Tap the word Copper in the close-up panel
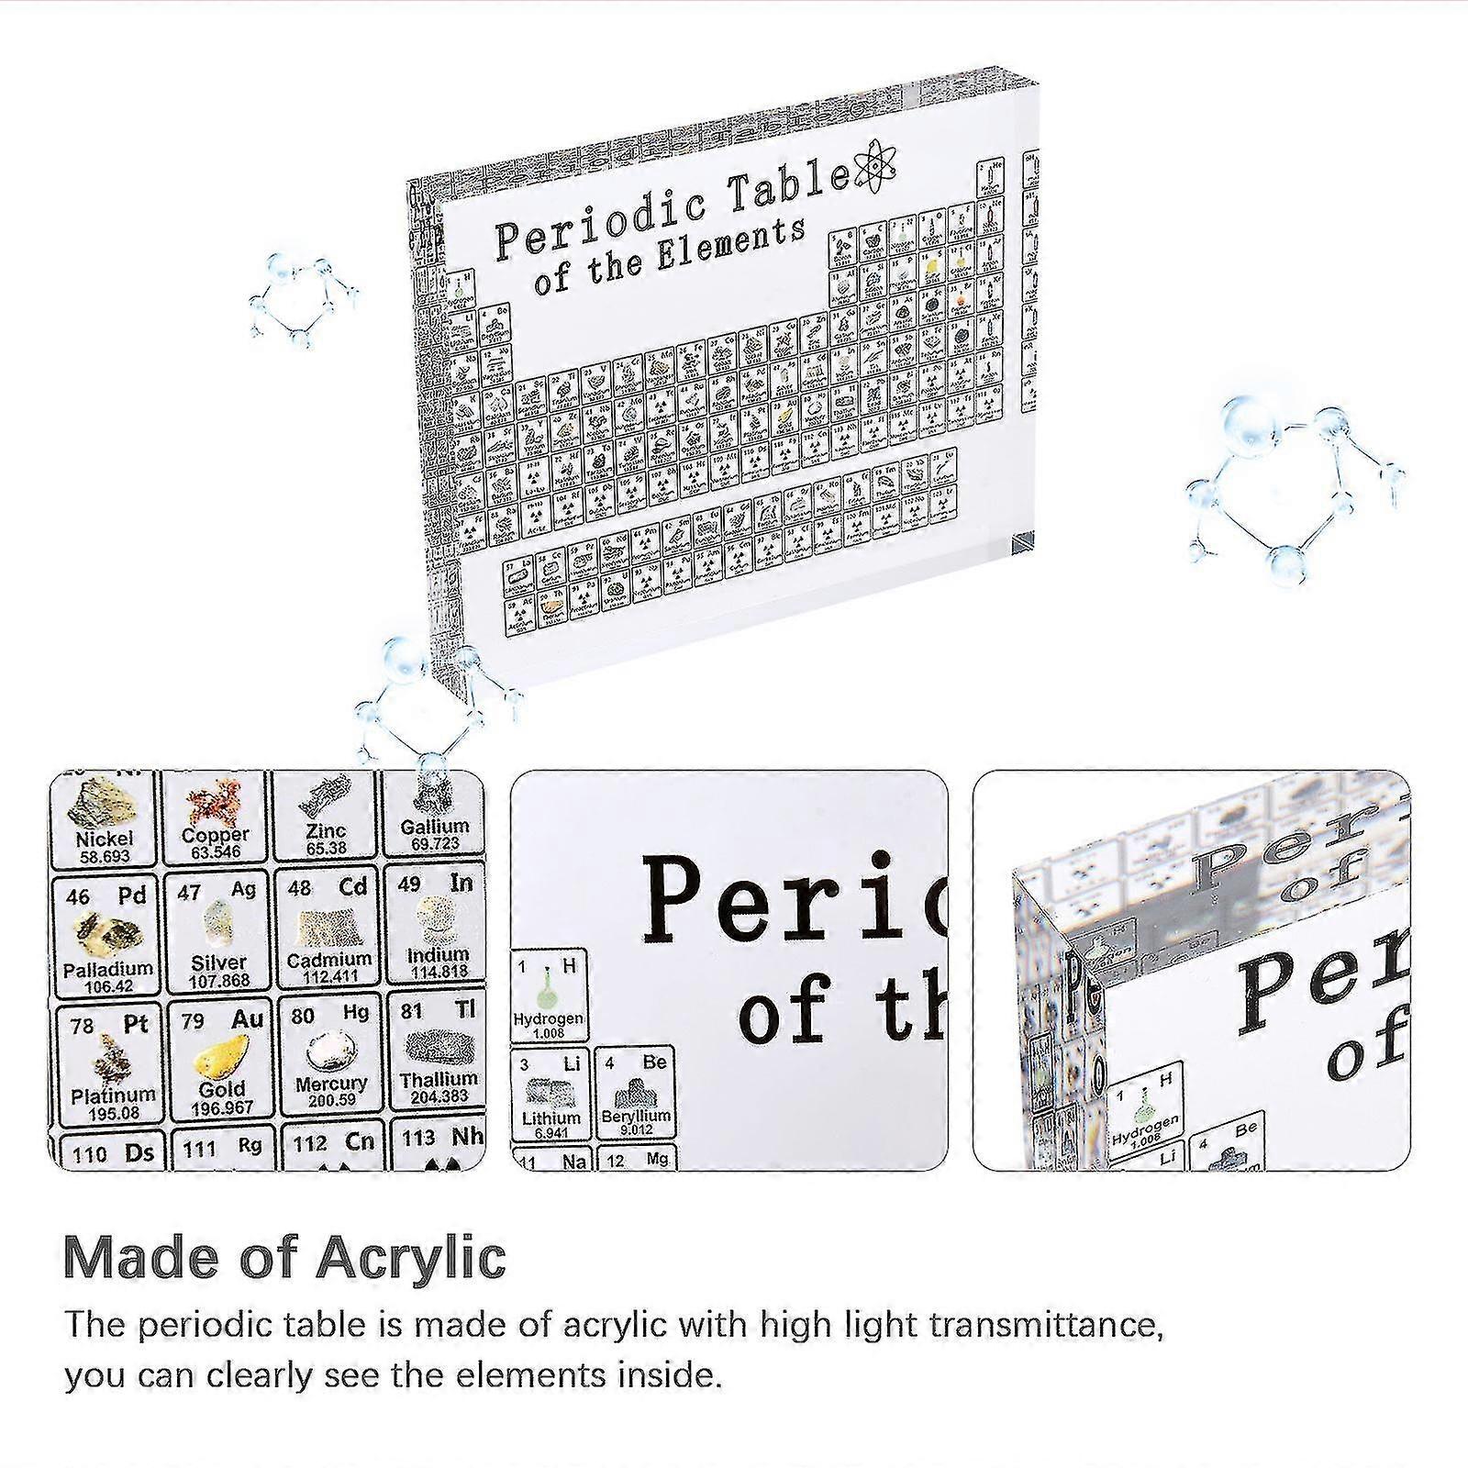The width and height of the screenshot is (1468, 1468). click(x=216, y=835)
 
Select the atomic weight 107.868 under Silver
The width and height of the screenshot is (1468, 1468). click(x=219, y=981)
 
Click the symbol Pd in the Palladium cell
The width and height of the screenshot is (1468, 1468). click(x=132, y=895)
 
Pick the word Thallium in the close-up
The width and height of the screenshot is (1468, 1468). click(x=439, y=1079)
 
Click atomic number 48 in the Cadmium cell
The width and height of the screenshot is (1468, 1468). click(x=299, y=889)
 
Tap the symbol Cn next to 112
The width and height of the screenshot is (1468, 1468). click(x=360, y=1142)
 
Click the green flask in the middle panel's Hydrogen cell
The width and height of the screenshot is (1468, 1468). click(x=548, y=990)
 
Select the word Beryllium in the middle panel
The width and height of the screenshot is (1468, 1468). click(x=636, y=1117)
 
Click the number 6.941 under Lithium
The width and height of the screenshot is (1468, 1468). click(x=550, y=1134)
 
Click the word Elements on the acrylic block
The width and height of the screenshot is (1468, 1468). click(x=731, y=247)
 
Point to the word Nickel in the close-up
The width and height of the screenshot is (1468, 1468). click(x=104, y=839)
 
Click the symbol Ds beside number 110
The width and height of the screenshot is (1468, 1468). click(x=139, y=1152)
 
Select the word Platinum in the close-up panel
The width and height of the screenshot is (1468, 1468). click(x=113, y=1095)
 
